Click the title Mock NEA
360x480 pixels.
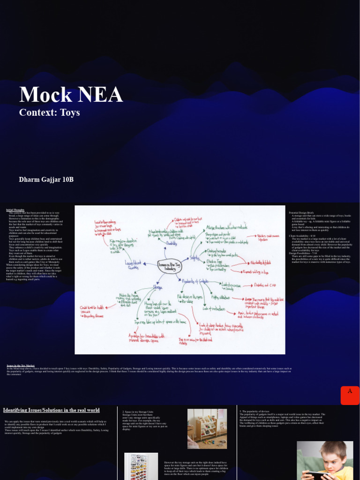pyautogui.click(x=71, y=95)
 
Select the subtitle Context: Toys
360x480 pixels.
pyautogui.click(x=49, y=112)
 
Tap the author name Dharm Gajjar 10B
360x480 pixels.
pyautogui.click(x=46, y=180)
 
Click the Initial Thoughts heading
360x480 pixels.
pyautogui.click(x=15, y=210)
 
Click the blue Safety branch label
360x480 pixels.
pyautogui.click(x=194, y=258)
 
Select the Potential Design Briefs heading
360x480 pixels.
pyautogui.click(x=301, y=213)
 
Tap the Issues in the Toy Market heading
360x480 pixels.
pyautogui.click(x=20, y=365)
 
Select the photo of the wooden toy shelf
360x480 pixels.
pyautogui.click(x=207, y=428)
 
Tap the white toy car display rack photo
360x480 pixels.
pyautogui.click(x=141, y=466)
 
